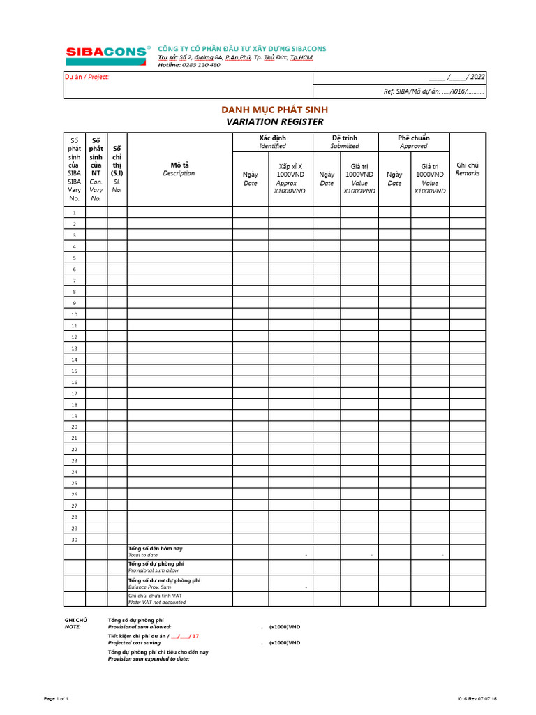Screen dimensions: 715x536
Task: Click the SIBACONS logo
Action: click(107, 52)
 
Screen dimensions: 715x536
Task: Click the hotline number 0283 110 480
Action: click(200, 65)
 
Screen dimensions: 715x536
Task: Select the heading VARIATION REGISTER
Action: click(274, 121)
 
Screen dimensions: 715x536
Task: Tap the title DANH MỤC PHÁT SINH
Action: click(274, 110)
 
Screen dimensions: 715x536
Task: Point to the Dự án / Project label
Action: click(87, 77)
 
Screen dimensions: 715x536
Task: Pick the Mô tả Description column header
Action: click(179, 169)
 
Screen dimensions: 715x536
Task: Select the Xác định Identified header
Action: click(272, 142)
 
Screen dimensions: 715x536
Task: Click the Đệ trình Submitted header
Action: click(345, 142)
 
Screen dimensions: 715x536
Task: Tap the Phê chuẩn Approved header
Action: click(413, 142)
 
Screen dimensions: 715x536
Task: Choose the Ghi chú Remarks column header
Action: click(468, 169)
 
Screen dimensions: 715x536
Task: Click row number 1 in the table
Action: click(74, 212)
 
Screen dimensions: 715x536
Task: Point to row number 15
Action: click(74, 371)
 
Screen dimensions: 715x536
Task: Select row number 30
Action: click(74, 540)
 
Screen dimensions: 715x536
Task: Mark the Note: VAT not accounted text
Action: click(156, 602)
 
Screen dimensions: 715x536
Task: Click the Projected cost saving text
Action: click(140, 643)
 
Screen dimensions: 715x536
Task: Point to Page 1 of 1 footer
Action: click(57, 698)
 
